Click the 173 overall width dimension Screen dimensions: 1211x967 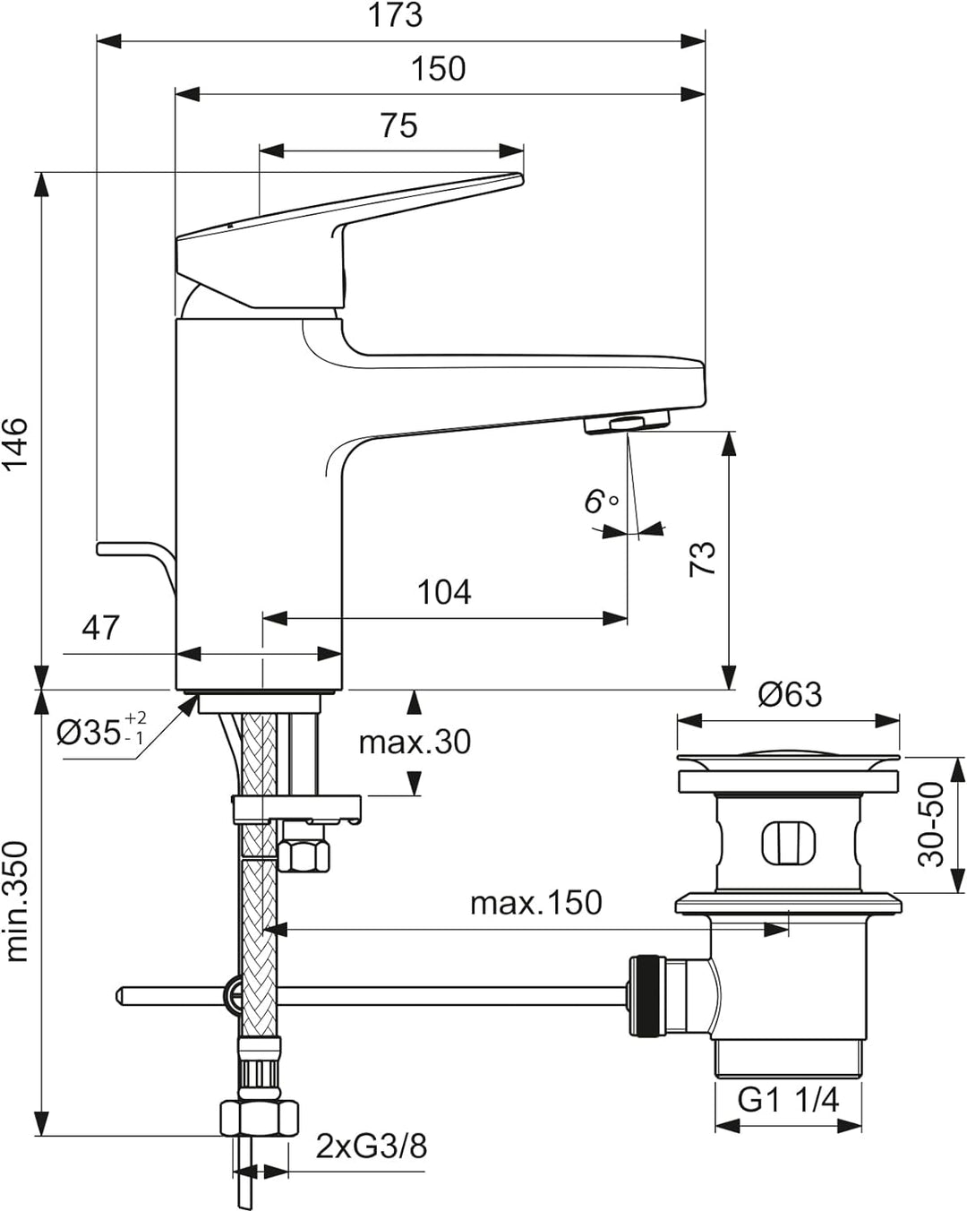pos(395,15)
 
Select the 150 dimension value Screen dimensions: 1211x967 pos(438,69)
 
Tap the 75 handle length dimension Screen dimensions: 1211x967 pos(398,125)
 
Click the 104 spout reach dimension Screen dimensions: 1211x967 pos(444,592)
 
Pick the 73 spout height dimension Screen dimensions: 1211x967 pos(704,558)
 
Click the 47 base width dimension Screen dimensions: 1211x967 pos(100,628)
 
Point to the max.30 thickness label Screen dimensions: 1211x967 pos(415,742)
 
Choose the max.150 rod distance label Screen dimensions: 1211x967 pos(535,903)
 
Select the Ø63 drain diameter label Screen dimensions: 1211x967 pos(789,694)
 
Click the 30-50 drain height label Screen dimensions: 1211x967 pos(932,823)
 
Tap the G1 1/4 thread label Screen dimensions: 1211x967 pos(788,1099)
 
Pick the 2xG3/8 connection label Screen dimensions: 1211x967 pos(371,1146)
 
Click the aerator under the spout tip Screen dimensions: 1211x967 pos(626,423)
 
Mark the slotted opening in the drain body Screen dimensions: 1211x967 pos(788,843)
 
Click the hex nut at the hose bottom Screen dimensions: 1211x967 pos(259,1119)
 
